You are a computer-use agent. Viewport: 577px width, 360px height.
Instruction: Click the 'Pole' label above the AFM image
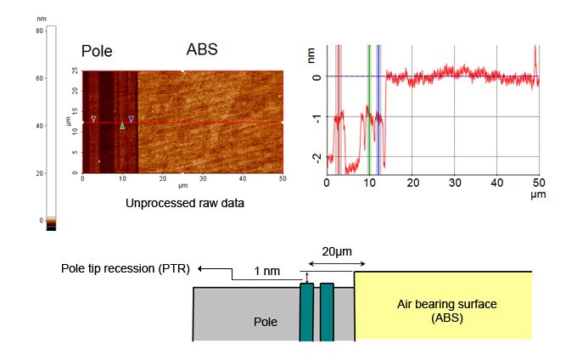tap(97, 51)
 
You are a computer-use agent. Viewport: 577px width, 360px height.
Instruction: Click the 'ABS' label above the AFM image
tap(202, 49)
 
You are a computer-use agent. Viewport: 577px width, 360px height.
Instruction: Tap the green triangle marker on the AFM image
tap(122, 126)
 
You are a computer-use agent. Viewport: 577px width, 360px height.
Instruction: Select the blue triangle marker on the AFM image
tap(131, 119)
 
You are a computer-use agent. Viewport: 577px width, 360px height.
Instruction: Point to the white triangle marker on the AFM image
tap(93, 119)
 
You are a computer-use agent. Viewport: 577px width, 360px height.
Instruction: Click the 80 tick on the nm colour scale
tap(39, 31)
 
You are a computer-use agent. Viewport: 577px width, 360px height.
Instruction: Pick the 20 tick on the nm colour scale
tap(39, 173)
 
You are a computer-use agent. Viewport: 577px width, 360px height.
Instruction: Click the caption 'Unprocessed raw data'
tap(185, 203)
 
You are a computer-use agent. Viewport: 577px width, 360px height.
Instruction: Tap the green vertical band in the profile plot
tap(369, 110)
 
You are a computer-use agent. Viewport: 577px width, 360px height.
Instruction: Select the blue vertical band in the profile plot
tap(378, 110)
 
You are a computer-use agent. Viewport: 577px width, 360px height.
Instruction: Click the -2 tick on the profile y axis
tap(317, 158)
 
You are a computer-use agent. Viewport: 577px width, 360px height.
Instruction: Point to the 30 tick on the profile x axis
tap(455, 183)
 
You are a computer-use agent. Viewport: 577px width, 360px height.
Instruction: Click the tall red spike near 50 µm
tap(535, 59)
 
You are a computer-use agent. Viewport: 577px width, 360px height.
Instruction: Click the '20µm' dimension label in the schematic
tap(337, 252)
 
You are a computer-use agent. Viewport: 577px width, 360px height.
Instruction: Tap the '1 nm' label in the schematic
tap(266, 272)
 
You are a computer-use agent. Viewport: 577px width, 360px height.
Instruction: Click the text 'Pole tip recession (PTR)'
tap(125, 268)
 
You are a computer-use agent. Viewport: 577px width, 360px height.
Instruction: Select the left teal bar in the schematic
tap(306, 312)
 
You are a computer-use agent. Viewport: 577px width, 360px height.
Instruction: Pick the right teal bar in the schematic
tap(327, 312)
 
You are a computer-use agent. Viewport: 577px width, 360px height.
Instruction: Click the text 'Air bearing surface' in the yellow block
tap(446, 305)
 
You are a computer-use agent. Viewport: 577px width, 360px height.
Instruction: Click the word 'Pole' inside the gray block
tap(266, 322)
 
